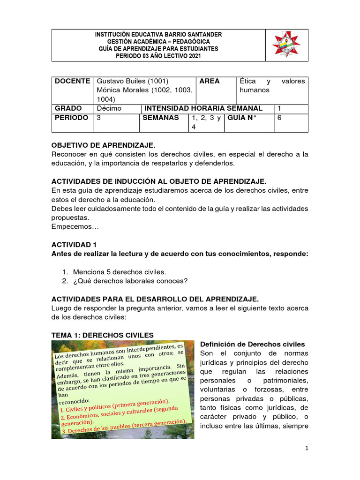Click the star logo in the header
[286, 45]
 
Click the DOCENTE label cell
[72, 81]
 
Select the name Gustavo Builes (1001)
[132, 81]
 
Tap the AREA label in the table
[209, 81]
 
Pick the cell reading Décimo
[109, 108]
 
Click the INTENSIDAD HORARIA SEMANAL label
[203, 108]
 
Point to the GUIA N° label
[242, 118]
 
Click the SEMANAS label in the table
[160, 118]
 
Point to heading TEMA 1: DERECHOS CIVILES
[103, 335]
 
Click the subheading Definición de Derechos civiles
[252, 344]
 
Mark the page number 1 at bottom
[306, 449]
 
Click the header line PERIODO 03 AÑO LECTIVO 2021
[158, 55]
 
